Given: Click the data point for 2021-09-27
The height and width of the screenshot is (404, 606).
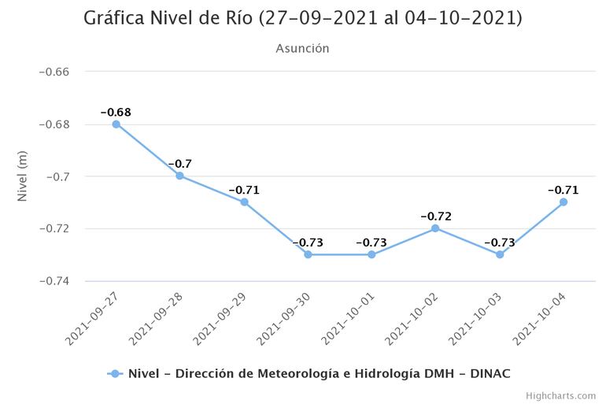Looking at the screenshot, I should pos(116,124).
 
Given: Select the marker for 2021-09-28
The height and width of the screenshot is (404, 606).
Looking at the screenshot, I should pos(179,176).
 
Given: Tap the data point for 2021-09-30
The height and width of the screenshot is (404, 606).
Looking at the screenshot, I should pos(308,254).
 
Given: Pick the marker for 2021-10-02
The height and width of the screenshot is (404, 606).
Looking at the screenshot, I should pos(435,228).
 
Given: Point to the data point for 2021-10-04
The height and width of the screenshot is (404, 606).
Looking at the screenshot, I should pos(564,202).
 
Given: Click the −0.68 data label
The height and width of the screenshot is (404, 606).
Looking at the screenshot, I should pos(116,112).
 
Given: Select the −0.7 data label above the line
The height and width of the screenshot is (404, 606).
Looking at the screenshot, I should pos(179,164).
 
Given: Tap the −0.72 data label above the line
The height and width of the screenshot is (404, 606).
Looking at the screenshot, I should pos(435,216).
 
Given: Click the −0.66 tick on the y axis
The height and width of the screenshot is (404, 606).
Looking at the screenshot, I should pos(54,72).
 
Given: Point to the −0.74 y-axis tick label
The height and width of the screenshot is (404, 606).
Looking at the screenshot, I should pos(54,281).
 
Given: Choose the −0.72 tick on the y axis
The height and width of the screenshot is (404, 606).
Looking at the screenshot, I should pos(54,228).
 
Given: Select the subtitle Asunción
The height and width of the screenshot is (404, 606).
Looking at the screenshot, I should pos(302,48).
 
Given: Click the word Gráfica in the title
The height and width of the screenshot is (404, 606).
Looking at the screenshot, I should pos(116,17).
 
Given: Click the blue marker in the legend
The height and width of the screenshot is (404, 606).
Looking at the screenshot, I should pos(116,373).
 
